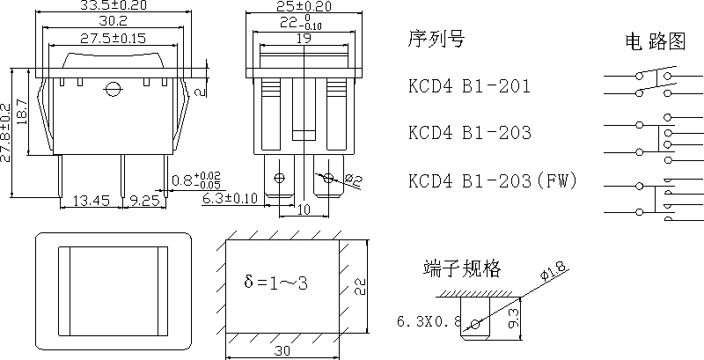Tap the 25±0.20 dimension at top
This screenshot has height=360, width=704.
tap(302, 6)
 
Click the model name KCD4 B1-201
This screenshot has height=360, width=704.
tap(470, 86)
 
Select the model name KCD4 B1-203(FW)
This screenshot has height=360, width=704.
tap(492, 181)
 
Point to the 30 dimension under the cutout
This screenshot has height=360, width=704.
tap(282, 351)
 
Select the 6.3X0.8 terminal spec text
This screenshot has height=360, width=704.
tap(429, 321)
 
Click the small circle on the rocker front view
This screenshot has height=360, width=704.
tap(112, 88)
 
